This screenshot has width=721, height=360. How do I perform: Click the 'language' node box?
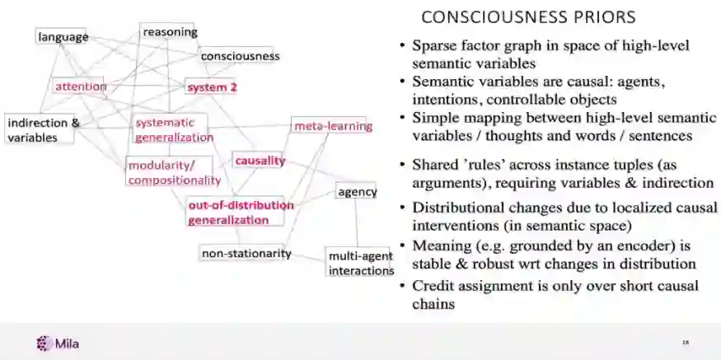pyautogui.click(x=62, y=37)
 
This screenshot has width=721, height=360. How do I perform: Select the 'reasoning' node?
pyautogui.click(x=170, y=32)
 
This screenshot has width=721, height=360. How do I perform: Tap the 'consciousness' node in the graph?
pyautogui.click(x=241, y=56)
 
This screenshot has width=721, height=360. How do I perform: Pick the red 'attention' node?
pyautogui.click(x=81, y=86)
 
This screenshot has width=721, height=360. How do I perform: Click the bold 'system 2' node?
pyautogui.click(x=211, y=86)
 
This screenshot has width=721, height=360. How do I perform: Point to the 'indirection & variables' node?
pyautogui.click(x=41, y=130)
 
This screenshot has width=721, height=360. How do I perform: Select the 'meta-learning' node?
pyautogui.click(x=333, y=126)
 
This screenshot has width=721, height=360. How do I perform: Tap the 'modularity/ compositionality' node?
pyautogui.click(x=173, y=172)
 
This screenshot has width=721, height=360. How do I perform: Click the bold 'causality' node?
pyautogui.click(x=260, y=161)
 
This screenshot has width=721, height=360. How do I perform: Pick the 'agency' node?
pyautogui.click(x=357, y=192)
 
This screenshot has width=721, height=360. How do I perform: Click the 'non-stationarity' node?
pyautogui.click(x=246, y=253)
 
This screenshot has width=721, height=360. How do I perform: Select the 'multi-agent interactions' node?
pyautogui.click(x=361, y=263)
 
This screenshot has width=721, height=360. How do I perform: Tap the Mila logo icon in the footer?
pyautogui.click(x=43, y=344)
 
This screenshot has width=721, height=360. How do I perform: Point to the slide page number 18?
pyautogui.click(x=685, y=342)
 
